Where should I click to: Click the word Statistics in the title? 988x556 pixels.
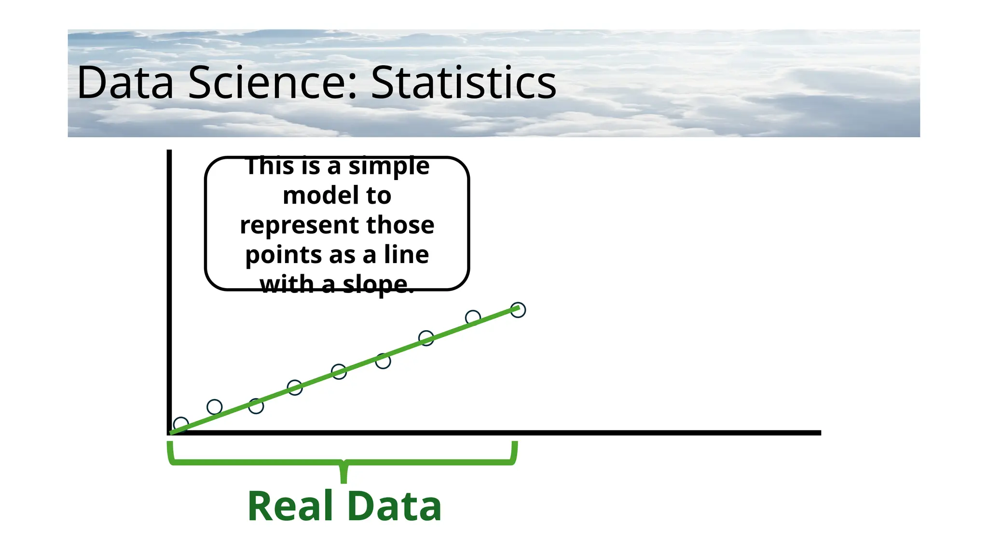[464, 83]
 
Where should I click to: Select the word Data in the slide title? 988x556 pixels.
[125, 83]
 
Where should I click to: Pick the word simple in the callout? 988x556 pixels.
[389, 167]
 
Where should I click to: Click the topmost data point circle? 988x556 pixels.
[518, 310]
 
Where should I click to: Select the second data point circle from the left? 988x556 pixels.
[214, 407]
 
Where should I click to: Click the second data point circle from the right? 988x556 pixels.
[473, 318]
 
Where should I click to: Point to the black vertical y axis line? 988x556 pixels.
[169, 290]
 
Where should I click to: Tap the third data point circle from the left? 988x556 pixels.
[256, 406]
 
